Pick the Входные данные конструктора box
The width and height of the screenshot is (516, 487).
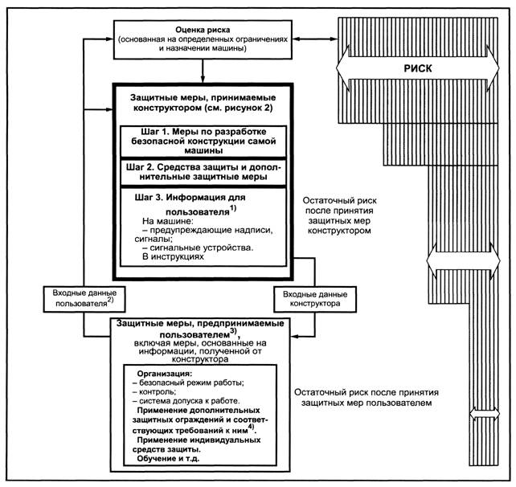[309, 297]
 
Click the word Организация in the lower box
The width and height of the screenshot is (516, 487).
[164, 374]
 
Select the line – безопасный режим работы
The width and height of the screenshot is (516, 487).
[187, 384]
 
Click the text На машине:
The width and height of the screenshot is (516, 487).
[166, 219]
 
